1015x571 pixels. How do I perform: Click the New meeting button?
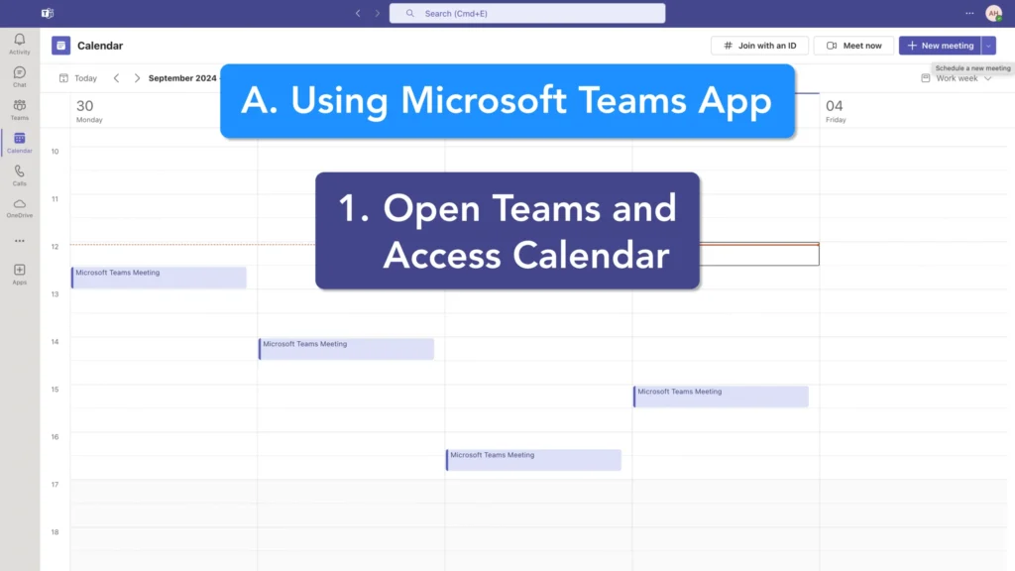940,46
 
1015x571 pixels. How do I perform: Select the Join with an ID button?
759,46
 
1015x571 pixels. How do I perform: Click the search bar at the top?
527,14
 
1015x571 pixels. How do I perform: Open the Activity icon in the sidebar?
20,44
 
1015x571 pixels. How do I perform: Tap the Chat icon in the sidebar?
20,76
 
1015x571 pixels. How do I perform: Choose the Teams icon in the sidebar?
20,109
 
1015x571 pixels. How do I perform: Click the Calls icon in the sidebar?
20,174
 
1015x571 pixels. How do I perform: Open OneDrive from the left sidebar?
20,207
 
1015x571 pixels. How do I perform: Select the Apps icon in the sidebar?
20,274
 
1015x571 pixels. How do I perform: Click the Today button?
78,78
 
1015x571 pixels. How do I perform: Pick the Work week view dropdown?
957,78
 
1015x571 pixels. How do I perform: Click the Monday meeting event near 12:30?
159,278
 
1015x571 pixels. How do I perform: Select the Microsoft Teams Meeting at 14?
346,349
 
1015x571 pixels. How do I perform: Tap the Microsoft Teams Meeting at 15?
721,397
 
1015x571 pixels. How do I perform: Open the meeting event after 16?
533,460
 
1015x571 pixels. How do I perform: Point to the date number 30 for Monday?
85,106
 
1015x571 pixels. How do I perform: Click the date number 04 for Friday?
835,106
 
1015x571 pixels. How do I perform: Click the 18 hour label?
56,532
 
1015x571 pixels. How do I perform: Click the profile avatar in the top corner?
993,14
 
